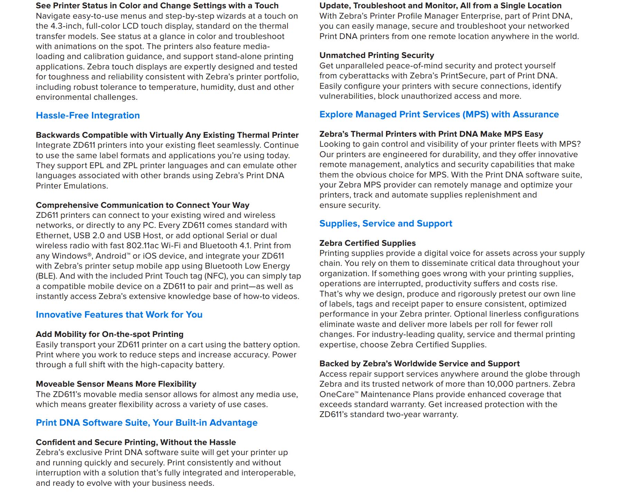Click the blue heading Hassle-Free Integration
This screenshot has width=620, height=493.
[x=88, y=115]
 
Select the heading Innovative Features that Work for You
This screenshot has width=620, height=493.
[x=119, y=315]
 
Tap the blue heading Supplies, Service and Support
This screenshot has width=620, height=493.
[x=385, y=223]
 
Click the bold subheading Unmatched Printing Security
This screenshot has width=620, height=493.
[x=376, y=55]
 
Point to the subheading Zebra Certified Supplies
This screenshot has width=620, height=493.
[x=367, y=243]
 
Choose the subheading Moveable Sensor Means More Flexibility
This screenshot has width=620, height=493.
[x=116, y=384]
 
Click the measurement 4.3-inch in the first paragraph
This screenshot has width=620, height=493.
[x=67, y=26]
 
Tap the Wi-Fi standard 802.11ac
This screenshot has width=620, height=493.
[x=142, y=246]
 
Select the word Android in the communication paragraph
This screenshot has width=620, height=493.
[x=111, y=256]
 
